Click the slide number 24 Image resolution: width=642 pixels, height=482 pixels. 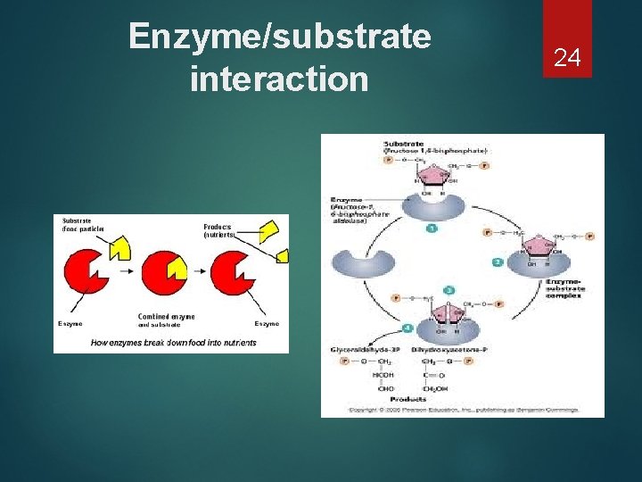(x=567, y=58)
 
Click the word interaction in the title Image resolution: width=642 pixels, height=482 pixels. (x=279, y=79)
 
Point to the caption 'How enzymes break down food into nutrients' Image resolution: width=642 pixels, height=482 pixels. (x=173, y=343)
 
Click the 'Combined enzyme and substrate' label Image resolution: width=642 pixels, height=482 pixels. (x=166, y=320)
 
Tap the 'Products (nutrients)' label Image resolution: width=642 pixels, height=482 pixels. (x=218, y=230)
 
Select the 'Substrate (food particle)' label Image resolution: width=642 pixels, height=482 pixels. (x=83, y=224)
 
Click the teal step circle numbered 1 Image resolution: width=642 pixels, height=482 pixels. (x=432, y=229)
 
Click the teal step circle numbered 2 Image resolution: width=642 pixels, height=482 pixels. (x=497, y=262)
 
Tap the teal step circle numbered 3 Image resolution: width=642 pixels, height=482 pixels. (x=449, y=290)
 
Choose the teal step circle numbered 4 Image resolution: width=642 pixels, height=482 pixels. (x=407, y=328)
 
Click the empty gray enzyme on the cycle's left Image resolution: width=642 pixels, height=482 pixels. (x=364, y=262)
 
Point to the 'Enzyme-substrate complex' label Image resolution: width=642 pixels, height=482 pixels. (x=565, y=287)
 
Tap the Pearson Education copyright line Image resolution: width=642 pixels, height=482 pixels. (x=462, y=410)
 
